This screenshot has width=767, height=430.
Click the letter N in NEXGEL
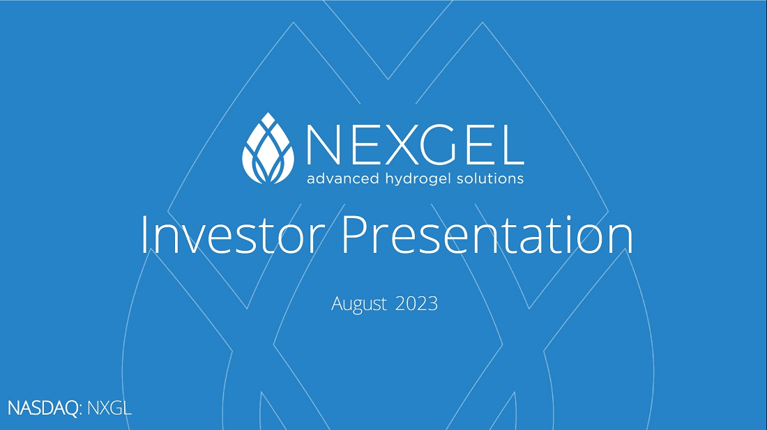coord(324,145)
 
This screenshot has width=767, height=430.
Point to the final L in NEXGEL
coord(510,145)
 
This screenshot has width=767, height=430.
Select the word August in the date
coord(359,304)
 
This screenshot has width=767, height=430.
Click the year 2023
coord(416,303)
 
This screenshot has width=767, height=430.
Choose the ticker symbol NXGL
coord(109,408)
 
